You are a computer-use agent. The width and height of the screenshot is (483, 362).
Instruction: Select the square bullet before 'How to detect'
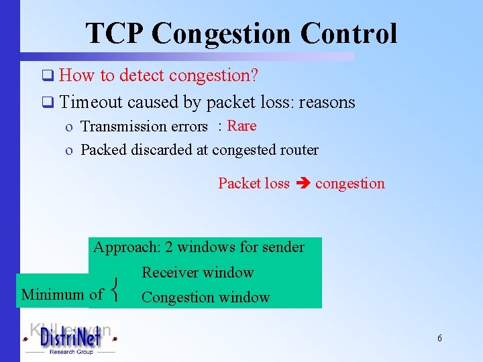click(x=46, y=76)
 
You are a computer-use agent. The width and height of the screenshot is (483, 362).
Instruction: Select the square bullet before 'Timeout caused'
click(x=46, y=103)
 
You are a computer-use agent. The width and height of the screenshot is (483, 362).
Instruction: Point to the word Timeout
click(x=91, y=102)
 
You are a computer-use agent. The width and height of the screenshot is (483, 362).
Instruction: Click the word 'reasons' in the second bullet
click(x=327, y=102)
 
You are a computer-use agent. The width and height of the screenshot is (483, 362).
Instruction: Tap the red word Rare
click(x=241, y=125)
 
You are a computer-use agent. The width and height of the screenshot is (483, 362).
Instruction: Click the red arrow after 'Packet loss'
click(x=303, y=184)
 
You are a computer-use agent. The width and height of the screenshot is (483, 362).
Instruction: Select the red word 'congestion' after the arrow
click(x=350, y=184)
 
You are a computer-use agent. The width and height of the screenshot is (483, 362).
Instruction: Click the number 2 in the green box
click(x=169, y=247)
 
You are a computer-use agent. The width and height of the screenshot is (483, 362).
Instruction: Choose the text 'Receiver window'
click(x=197, y=272)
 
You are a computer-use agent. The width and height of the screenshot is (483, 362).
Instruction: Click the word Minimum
click(x=54, y=294)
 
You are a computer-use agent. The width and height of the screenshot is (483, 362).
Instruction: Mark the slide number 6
click(x=439, y=339)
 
